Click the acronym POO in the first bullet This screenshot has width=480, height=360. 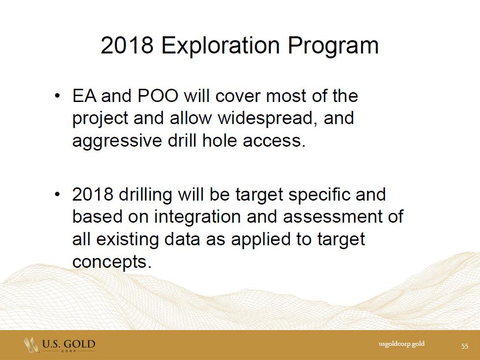click(x=158, y=96)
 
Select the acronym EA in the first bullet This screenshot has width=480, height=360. click(x=84, y=96)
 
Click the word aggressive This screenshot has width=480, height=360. click(x=117, y=141)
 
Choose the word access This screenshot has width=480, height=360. click(x=274, y=141)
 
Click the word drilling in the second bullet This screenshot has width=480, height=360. click(x=146, y=195)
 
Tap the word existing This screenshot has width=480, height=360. click(x=127, y=239)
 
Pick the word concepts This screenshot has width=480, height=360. click(x=112, y=262)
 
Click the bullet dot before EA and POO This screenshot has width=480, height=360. click(x=57, y=96)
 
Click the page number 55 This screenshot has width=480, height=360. click(x=465, y=346)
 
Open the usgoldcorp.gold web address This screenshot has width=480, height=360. click(x=402, y=344)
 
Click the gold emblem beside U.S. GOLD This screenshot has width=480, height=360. click(x=32, y=345)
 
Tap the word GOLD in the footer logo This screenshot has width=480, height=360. click(x=79, y=344)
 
